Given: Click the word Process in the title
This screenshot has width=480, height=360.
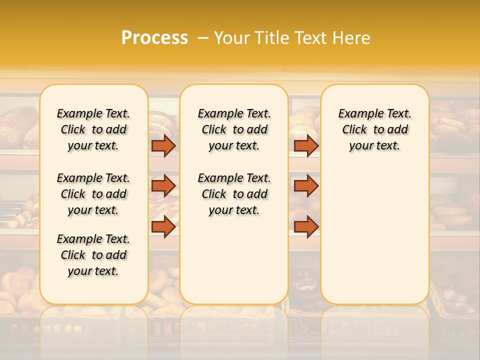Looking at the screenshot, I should tap(154, 37).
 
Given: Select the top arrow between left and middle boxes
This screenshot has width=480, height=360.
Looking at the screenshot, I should tap(163, 146).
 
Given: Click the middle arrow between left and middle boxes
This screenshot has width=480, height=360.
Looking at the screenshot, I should tap(163, 186).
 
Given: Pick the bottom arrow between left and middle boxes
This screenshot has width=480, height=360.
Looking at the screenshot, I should tap(163, 226).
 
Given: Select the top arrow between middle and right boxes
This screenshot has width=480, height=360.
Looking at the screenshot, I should tap(306, 146).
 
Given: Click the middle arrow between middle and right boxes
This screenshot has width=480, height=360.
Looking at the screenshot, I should tap(306, 186).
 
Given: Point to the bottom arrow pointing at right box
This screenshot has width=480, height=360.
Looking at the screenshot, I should tap(306, 226).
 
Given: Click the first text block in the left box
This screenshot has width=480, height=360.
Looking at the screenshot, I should tap(93, 129).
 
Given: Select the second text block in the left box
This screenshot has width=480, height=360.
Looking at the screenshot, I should tap(93, 194).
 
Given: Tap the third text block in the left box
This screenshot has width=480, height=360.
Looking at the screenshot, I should tap(93, 255).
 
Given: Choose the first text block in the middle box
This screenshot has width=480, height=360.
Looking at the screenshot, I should tap(234, 129).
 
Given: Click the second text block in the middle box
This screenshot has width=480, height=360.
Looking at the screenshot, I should tap(234, 194).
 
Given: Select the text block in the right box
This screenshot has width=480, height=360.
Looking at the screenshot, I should tap(375, 129).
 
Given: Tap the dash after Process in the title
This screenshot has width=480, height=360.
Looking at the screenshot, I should tap(202, 38).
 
